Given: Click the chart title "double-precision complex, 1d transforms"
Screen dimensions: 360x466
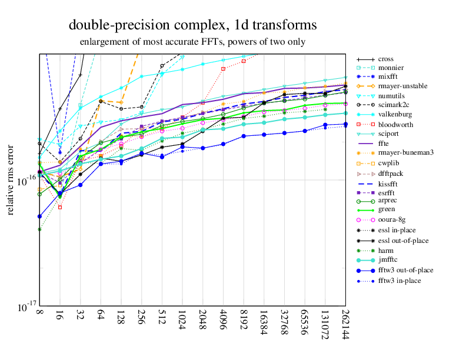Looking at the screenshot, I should [193, 25].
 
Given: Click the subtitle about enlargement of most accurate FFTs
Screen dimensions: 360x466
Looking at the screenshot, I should [192, 42].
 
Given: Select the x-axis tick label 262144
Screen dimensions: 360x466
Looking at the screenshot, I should [345, 323].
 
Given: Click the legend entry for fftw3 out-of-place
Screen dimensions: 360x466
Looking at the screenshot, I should [405, 270].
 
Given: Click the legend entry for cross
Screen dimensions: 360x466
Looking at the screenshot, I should [386, 59].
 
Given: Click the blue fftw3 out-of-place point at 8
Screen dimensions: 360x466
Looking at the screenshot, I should [39, 216].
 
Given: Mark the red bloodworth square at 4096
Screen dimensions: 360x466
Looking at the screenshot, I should [224, 69].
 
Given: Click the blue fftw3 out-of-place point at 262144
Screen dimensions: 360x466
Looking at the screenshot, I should [345, 124].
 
